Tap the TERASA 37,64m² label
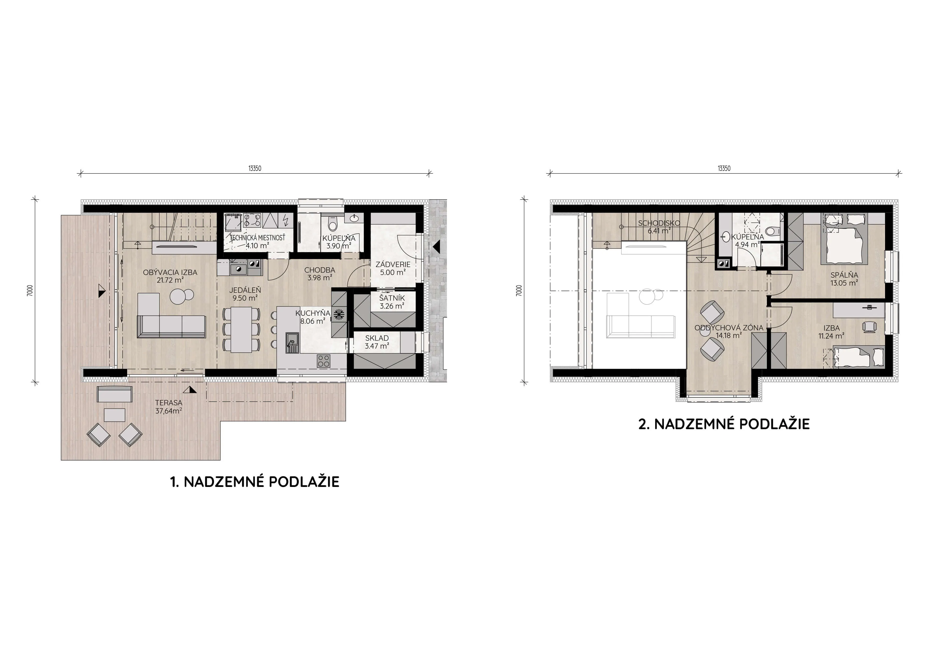tap(169, 407)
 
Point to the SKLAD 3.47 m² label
tap(377, 342)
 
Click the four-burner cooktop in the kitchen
tap(324, 361)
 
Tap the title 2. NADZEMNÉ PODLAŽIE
tap(724, 424)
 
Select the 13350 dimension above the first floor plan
tap(255, 169)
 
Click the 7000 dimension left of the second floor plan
tap(519, 291)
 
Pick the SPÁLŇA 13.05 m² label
tap(844, 279)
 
